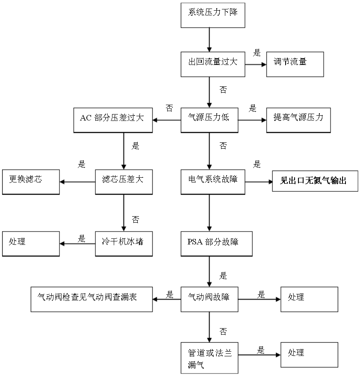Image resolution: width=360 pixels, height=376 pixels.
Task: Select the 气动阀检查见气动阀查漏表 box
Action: click(x=91, y=299)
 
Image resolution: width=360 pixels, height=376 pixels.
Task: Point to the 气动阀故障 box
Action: click(x=210, y=299)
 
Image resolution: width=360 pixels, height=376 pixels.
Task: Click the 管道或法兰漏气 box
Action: click(x=210, y=358)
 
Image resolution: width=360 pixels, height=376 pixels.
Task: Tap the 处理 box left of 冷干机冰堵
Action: click(x=31, y=244)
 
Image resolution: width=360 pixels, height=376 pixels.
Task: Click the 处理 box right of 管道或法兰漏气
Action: click(x=309, y=355)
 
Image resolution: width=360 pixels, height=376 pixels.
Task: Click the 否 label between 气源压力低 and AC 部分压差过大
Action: click(x=169, y=109)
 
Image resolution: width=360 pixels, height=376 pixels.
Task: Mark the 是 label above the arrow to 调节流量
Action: click(x=257, y=53)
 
